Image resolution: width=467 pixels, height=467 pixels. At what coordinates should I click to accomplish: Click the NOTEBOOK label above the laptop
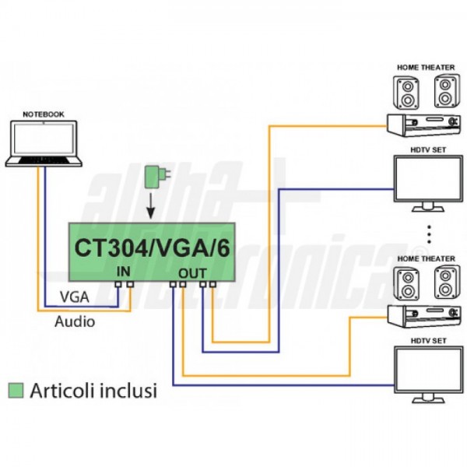pos(44,114)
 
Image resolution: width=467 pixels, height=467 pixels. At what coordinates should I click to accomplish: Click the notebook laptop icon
pos(44,144)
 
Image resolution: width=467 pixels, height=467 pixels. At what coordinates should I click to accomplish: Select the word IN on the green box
pos(123,271)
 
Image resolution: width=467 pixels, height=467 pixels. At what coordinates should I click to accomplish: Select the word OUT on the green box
pos(192,273)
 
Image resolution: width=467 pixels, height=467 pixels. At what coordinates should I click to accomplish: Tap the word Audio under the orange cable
pos(75,321)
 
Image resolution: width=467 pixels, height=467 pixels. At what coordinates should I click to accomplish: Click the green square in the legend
pos(13,391)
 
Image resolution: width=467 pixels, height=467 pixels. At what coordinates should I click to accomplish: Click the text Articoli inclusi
pos(93,391)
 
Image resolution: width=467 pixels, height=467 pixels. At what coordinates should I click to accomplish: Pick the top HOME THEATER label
pos(425,68)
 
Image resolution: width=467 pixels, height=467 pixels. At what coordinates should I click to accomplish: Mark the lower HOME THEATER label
pos(425,258)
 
